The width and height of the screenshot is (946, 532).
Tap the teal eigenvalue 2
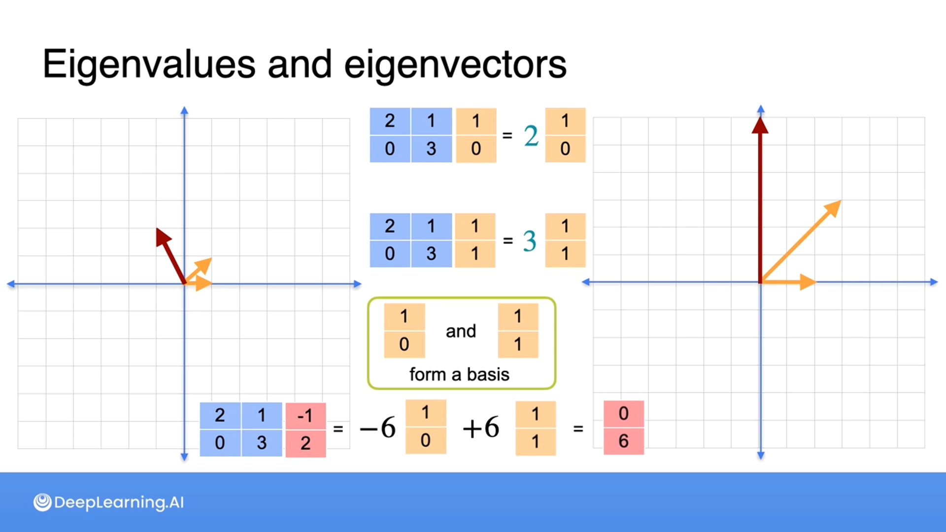click(531, 136)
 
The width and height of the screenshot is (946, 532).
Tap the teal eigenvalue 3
click(529, 241)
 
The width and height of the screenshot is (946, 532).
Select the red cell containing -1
click(305, 416)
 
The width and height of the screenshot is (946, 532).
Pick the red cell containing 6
click(623, 441)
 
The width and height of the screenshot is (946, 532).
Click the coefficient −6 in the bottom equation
click(378, 428)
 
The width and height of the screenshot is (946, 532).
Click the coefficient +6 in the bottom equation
click(481, 427)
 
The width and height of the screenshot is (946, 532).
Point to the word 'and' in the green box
click(461, 331)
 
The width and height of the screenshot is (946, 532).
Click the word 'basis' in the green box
click(488, 375)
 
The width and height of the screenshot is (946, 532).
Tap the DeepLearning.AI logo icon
click(42, 502)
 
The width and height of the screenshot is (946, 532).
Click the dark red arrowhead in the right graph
click(760, 126)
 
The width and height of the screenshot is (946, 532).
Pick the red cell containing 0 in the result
click(623, 414)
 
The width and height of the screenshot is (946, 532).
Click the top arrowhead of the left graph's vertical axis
click(184, 110)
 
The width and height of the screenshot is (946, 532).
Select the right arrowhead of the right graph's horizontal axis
click(934, 282)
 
